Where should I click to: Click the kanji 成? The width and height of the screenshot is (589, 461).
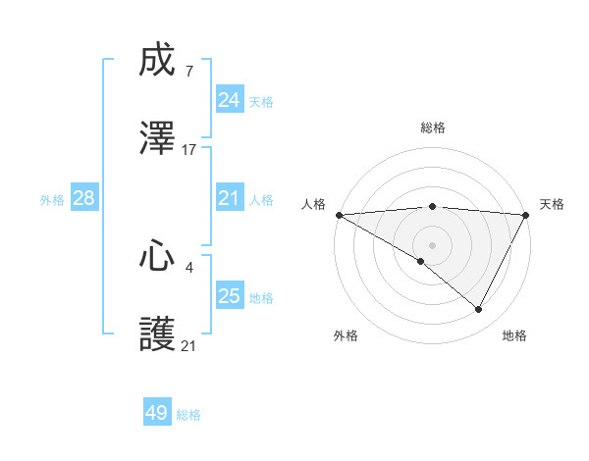point(158,62)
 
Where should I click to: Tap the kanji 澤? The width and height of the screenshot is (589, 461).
point(158,138)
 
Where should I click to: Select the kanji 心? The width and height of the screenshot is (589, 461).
point(158,257)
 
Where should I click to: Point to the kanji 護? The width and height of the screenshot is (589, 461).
point(158,333)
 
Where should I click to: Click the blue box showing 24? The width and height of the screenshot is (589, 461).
point(230,100)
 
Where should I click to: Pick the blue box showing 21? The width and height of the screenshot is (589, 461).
point(230,198)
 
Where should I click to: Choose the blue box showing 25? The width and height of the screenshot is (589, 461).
point(230,296)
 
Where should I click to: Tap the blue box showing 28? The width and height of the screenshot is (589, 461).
point(84,198)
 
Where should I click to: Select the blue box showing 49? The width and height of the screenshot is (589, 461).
point(157,413)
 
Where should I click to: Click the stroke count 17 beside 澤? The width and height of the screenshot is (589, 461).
point(189,150)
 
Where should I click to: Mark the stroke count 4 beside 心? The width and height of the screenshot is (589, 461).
point(188,267)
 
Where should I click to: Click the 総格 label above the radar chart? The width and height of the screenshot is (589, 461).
point(433,128)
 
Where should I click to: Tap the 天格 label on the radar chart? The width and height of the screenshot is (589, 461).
point(553,204)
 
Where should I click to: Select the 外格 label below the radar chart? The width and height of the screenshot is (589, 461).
point(346,335)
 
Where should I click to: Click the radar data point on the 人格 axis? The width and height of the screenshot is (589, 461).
point(339,215)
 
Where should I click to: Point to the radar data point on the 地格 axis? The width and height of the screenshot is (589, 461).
point(479,309)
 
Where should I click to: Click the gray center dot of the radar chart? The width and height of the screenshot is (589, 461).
point(433,245)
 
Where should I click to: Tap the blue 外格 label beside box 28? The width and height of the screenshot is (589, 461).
point(52,199)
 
